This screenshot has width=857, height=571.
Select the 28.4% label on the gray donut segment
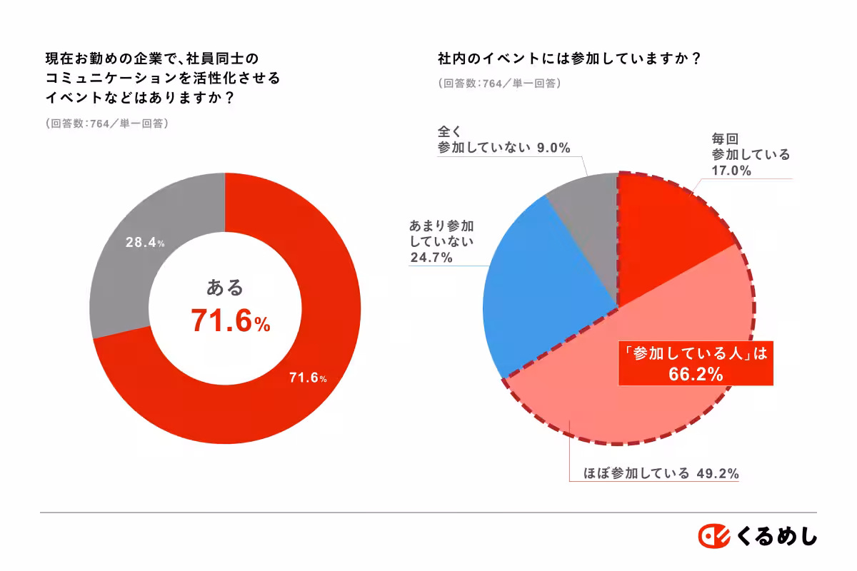[146, 243]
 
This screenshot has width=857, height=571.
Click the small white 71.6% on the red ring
[308, 378]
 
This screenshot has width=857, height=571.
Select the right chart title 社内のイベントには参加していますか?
[568, 59]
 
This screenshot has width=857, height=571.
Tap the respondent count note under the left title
[106, 123]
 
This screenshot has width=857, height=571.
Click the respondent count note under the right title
[499, 83]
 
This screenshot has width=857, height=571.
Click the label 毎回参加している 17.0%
[750, 154]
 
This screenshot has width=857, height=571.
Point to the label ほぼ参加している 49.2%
[653, 473]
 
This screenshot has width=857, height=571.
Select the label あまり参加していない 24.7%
[441, 242]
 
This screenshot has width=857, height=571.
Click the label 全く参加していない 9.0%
[503, 140]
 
